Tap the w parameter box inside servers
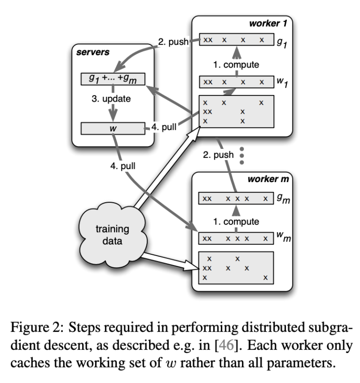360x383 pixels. click(112, 128)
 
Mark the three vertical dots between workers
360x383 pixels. click(242, 155)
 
